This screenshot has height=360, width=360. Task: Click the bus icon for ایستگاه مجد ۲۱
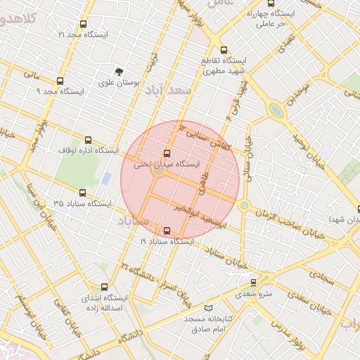(x=85, y=24)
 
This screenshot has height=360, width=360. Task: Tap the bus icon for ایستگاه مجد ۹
(x=60, y=81)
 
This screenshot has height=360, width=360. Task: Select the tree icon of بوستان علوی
(x=119, y=72)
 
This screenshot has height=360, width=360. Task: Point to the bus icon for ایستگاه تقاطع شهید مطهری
(x=224, y=50)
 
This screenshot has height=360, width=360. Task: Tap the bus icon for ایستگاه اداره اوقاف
(x=88, y=140)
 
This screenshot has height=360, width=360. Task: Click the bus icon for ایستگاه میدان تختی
(x=167, y=153)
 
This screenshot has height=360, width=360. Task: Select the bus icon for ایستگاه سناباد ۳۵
(x=82, y=193)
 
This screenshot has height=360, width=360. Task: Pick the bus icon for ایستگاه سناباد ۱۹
(x=167, y=231)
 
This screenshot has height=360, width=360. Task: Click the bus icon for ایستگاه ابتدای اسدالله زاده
(x=105, y=287)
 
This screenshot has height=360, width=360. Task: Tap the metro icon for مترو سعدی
(x=254, y=282)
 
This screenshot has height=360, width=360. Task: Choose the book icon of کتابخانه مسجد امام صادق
(x=207, y=308)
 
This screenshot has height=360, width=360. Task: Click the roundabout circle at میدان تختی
(x=160, y=170)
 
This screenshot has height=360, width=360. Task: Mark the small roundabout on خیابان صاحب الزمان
(x=244, y=205)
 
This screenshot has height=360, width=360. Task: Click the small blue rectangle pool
(x=106, y=179)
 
